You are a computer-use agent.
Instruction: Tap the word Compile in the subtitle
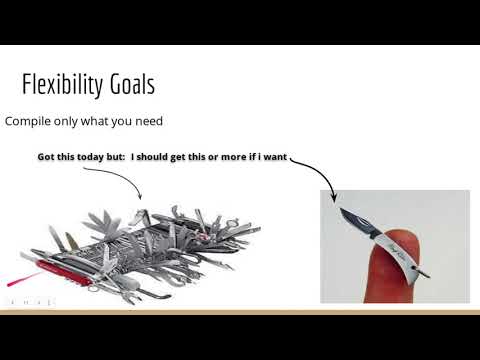point(28,121)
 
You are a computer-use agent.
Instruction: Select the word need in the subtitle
point(145,121)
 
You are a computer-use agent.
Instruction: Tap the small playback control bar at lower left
point(27,300)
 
